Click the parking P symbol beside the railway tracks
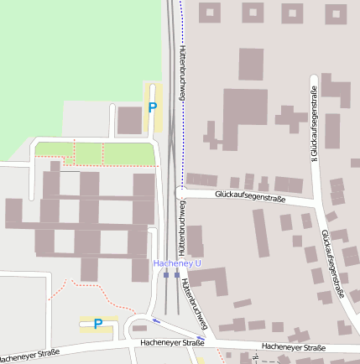[152, 107]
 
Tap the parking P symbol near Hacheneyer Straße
[98, 324]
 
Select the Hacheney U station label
[177, 263]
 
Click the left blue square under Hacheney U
[166, 274]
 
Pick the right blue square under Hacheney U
[177, 274]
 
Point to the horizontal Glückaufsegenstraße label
[250, 198]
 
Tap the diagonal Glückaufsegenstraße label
[334, 263]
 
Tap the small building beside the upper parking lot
[128, 121]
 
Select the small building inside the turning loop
[139, 327]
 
